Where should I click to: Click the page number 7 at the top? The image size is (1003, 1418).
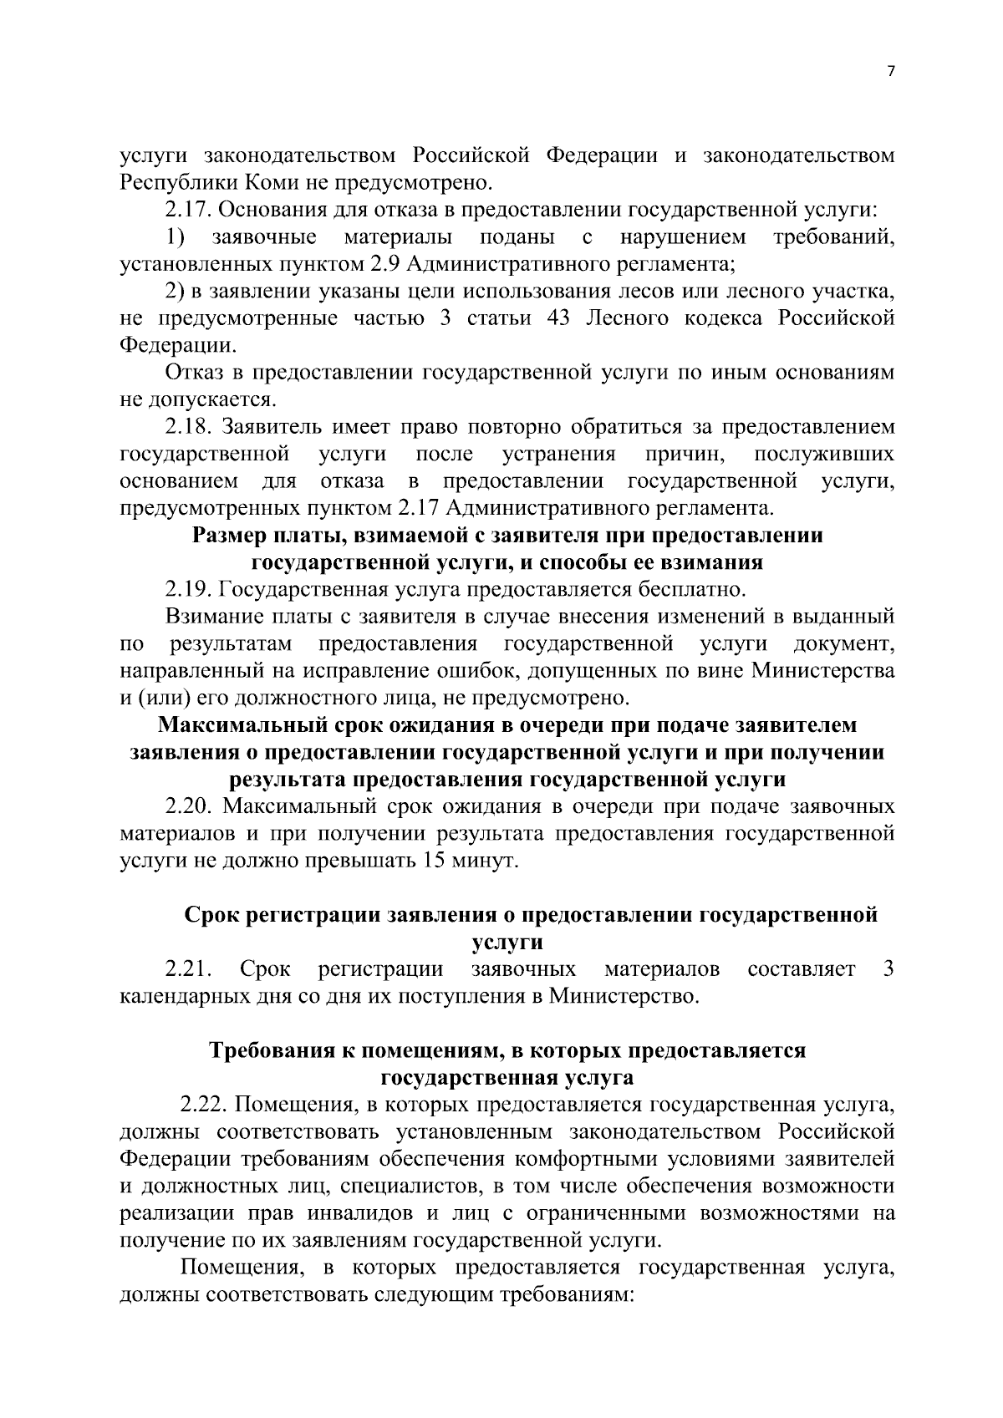890,72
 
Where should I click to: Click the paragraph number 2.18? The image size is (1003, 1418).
190,427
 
